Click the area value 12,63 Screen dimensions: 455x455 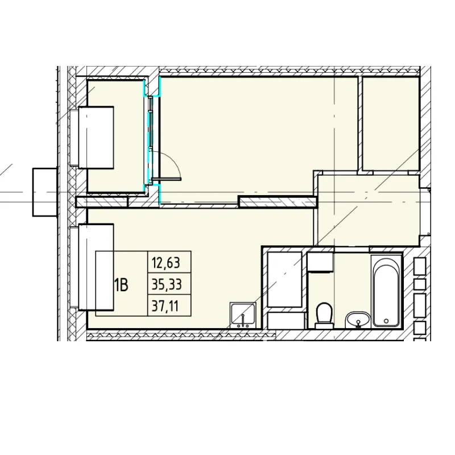coord(166,263)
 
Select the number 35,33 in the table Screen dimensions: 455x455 coord(167,284)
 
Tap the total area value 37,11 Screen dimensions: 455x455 coord(165,306)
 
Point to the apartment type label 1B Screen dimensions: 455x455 coord(121,285)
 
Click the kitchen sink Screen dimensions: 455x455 coord(243,315)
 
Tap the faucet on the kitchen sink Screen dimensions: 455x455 coord(243,320)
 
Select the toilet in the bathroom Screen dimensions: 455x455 coord(324,316)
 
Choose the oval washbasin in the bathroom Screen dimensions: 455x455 coord(358,320)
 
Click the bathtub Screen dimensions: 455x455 coord(386,291)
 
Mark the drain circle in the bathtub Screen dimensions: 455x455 coord(386,321)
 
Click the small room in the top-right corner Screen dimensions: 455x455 coord(391,123)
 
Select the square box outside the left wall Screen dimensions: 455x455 coord(45,192)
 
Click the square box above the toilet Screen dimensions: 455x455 coord(320,262)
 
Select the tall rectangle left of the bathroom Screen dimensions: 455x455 coord(285,279)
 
